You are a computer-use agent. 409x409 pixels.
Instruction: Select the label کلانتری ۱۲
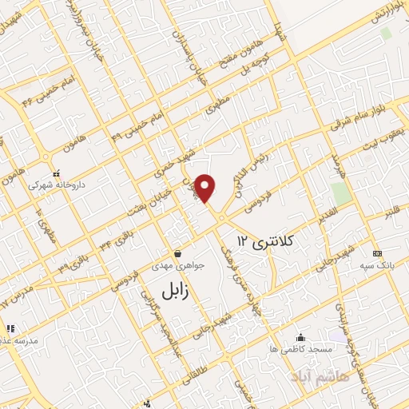267,240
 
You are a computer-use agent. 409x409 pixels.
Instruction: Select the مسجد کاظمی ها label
299,349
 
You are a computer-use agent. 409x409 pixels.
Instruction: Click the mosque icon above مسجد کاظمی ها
300,337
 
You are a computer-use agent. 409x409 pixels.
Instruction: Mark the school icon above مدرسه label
10,328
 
